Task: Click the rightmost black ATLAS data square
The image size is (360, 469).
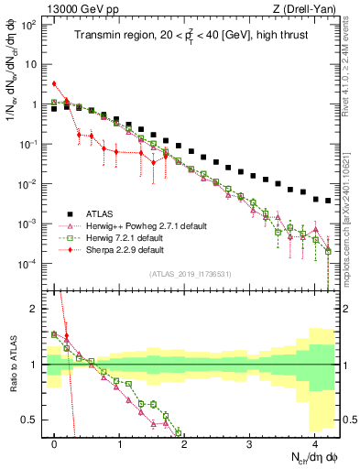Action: [x=327, y=201]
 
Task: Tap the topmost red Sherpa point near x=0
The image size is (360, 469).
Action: [x=55, y=83]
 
